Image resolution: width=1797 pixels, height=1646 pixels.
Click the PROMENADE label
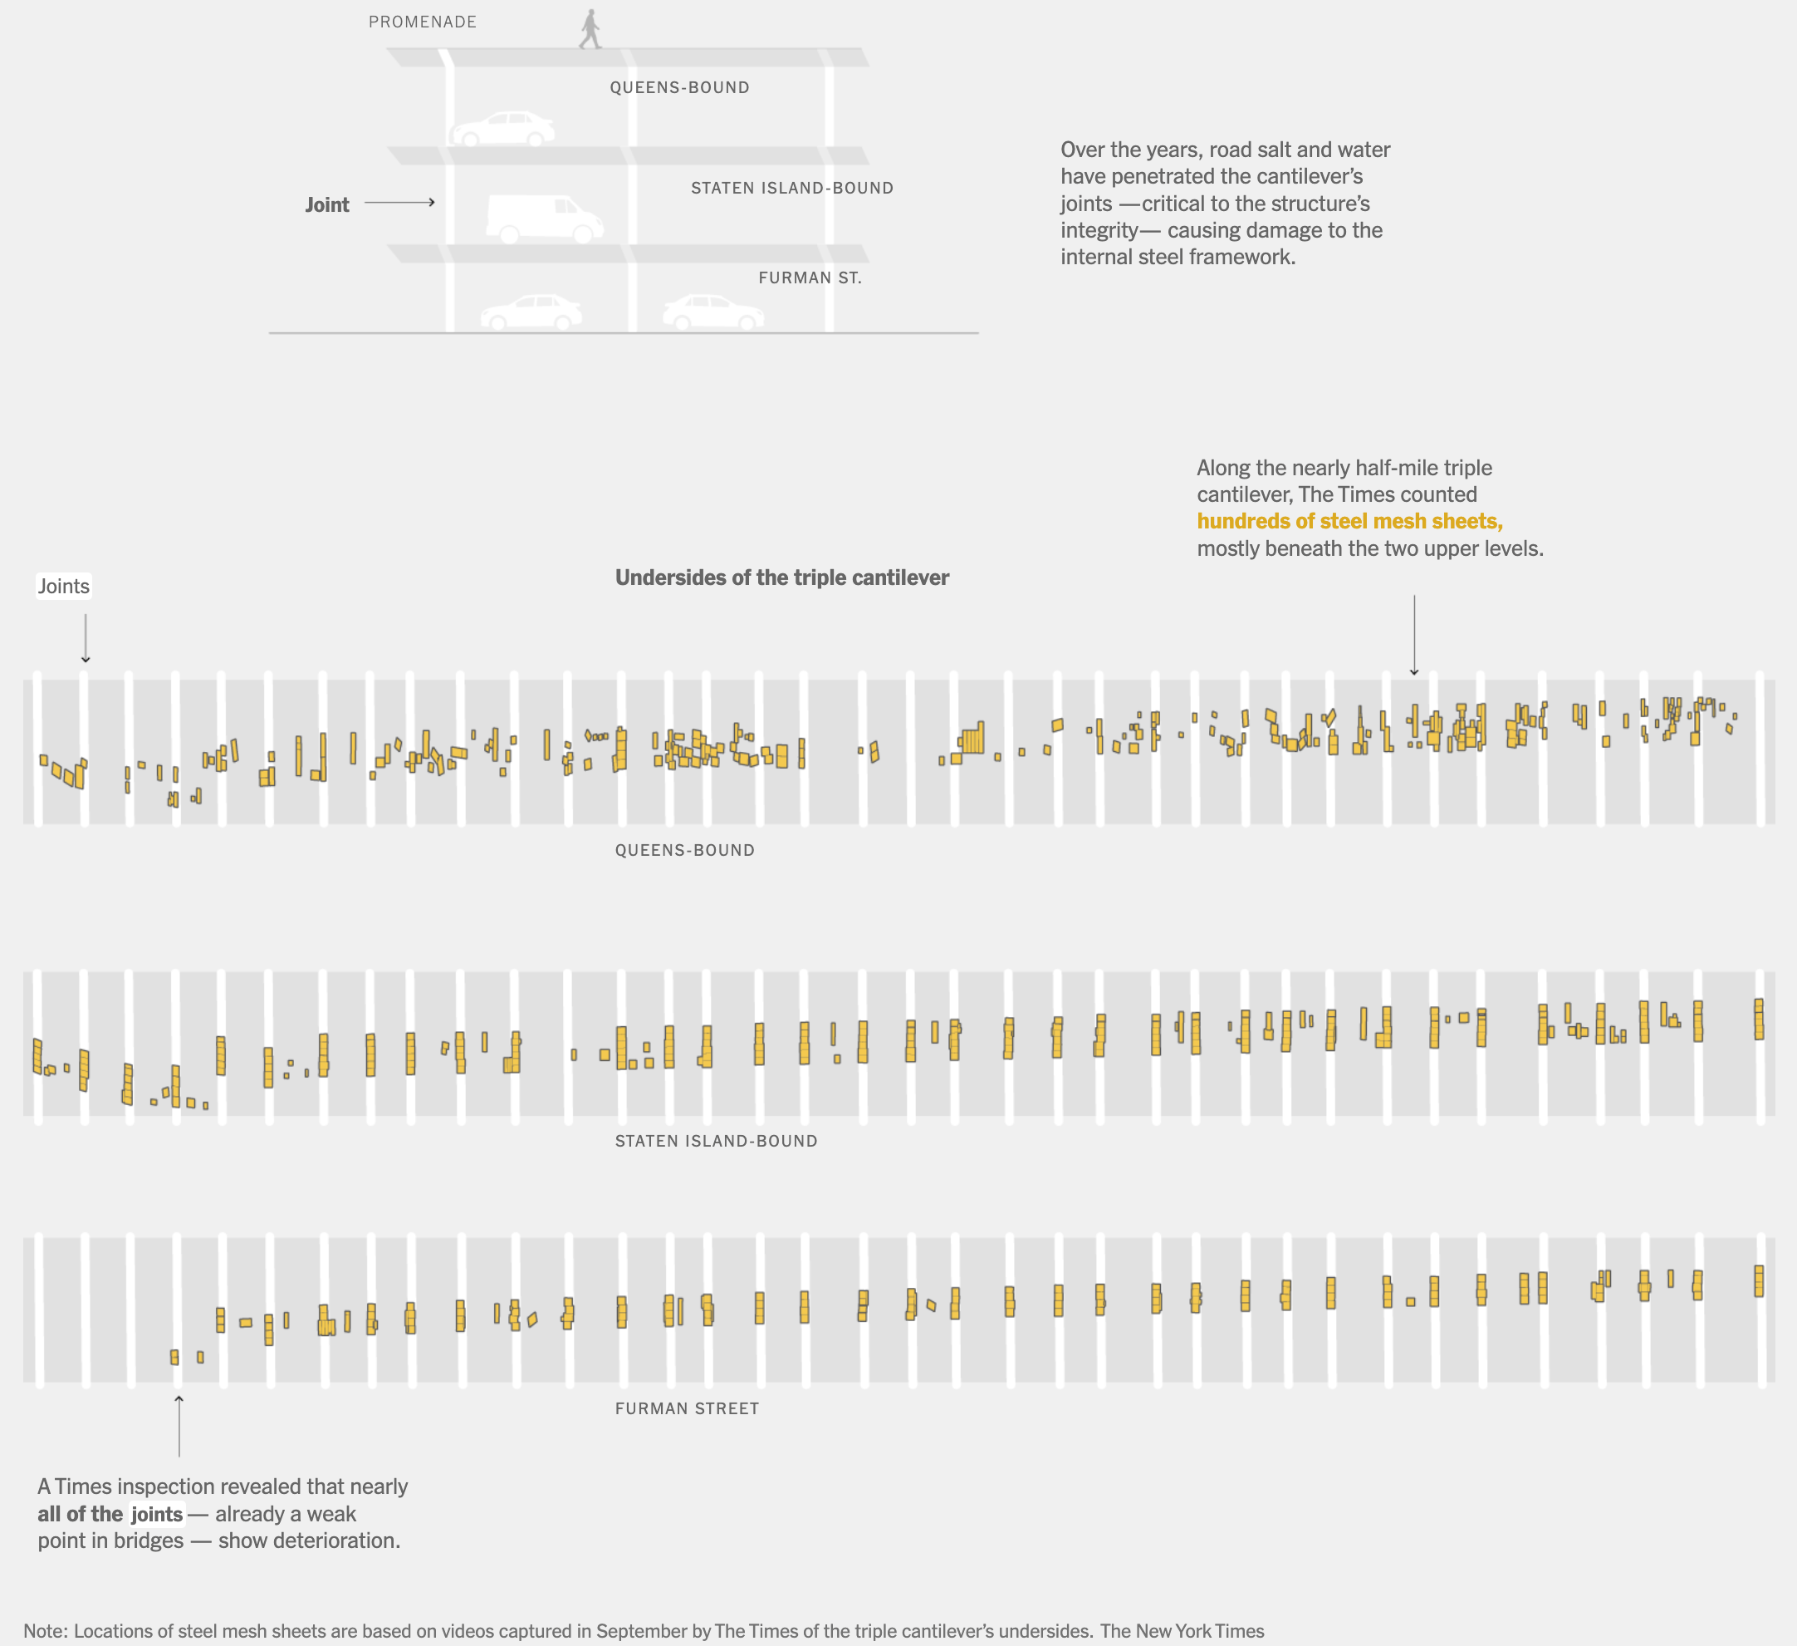[x=423, y=22]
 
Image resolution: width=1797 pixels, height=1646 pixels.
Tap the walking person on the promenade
[x=590, y=29]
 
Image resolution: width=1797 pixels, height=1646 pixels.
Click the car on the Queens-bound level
[x=502, y=130]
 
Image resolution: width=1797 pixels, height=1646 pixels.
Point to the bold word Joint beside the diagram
[x=327, y=205]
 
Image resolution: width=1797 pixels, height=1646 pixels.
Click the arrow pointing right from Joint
[x=399, y=204]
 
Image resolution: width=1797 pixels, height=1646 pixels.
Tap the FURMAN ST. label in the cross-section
[x=810, y=278]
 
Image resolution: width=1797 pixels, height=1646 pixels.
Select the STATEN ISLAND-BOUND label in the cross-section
[x=791, y=188]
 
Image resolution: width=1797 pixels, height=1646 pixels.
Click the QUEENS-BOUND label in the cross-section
[x=679, y=87]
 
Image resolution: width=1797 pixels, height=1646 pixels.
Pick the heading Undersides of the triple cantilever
[x=781, y=577]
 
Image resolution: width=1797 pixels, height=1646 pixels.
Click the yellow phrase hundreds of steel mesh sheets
[x=1349, y=522]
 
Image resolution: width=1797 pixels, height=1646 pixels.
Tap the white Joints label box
[x=63, y=587]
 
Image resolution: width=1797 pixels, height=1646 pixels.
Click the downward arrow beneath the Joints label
[x=86, y=638]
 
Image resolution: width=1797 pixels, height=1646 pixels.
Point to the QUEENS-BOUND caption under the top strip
[x=684, y=851]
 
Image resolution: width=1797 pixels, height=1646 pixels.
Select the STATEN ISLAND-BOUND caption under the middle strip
[x=716, y=1142]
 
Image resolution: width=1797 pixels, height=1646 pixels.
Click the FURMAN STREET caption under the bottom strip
[x=687, y=1409]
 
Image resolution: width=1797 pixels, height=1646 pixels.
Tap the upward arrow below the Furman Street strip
[x=179, y=1426]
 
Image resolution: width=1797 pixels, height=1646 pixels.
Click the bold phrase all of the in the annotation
[x=81, y=1514]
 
